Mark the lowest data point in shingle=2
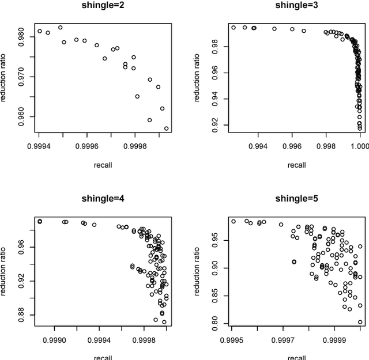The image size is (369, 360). (x=167, y=128)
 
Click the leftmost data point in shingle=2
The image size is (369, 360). (x=40, y=31)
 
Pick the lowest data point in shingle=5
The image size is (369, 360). (x=360, y=323)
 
